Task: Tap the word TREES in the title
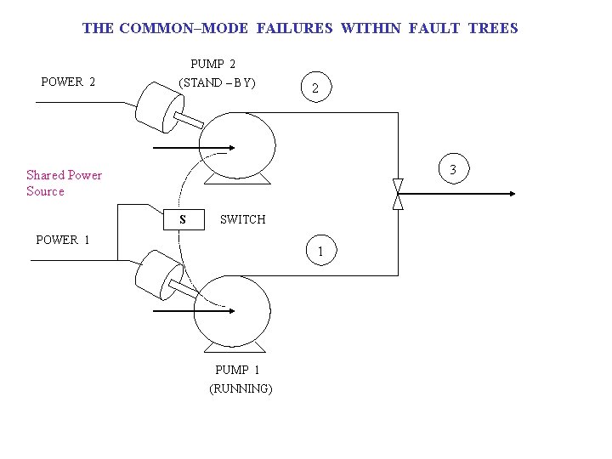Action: pos(493,28)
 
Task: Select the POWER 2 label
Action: pos(68,82)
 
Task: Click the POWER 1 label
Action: pos(63,240)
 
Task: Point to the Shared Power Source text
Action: pos(64,183)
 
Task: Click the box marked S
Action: pos(183,219)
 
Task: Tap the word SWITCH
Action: pos(242,219)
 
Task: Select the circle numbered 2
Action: pos(315,88)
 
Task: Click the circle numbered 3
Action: pos(452,170)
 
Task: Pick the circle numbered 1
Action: pos(320,252)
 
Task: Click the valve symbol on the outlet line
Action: pos(398,194)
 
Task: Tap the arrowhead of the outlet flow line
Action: pos(511,194)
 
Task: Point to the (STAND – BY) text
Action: pos(217,83)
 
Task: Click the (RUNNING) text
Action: pos(241,388)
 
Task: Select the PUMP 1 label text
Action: pos(237,370)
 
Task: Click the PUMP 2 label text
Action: pos(213,64)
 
